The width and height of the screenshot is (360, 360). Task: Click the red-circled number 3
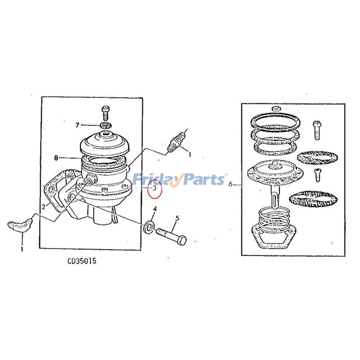(x=155, y=188)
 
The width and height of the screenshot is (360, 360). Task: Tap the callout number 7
(x=77, y=125)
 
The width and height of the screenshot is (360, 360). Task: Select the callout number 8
(x=56, y=158)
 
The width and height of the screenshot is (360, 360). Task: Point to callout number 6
(x=230, y=184)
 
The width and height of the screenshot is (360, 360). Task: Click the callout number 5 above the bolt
(x=177, y=218)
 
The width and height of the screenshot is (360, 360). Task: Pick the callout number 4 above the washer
(x=155, y=209)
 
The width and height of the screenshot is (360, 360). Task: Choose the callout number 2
(x=44, y=207)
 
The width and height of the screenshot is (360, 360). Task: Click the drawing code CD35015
(x=82, y=261)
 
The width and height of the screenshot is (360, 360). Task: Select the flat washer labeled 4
(x=149, y=227)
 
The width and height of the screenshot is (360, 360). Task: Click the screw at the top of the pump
(x=106, y=113)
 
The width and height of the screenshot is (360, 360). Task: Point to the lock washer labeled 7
(x=106, y=126)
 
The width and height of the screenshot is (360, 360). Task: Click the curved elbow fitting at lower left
(x=20, y=225)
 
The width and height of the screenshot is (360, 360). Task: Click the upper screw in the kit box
(x=317, y=130)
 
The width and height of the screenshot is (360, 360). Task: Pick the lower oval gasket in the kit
(x=313, y=198)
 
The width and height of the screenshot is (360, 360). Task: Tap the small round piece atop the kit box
(x=276, y=108)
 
